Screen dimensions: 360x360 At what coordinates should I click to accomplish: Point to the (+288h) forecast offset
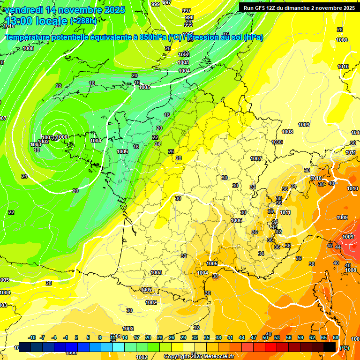pos(83,21)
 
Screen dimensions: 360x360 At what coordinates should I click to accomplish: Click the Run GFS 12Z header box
pos(299,7)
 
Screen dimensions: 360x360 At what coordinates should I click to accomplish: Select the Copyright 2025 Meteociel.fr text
pos(198,356)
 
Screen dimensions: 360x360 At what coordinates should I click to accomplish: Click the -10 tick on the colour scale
pos(32,337)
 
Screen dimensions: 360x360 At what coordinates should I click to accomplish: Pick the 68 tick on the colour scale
pos(335,337)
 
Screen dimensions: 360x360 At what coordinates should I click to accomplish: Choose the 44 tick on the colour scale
pos(241,337)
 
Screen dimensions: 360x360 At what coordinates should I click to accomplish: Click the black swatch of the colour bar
pos(330,347)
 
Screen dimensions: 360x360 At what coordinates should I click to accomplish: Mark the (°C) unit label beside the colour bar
pos(345,348)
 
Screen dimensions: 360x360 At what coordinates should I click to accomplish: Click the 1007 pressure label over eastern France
pos(255,159)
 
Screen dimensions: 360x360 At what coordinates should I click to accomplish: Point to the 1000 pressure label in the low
pos(63,137)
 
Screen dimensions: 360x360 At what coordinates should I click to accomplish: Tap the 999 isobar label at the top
pos(156,4)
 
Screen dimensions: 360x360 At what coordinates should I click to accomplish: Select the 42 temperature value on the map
pos(330,246)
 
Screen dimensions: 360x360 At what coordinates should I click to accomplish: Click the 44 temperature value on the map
pos(338,247)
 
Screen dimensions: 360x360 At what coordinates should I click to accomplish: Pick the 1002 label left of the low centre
pos(44,142)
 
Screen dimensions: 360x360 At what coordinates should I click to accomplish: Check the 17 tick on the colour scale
pos(136,337)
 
